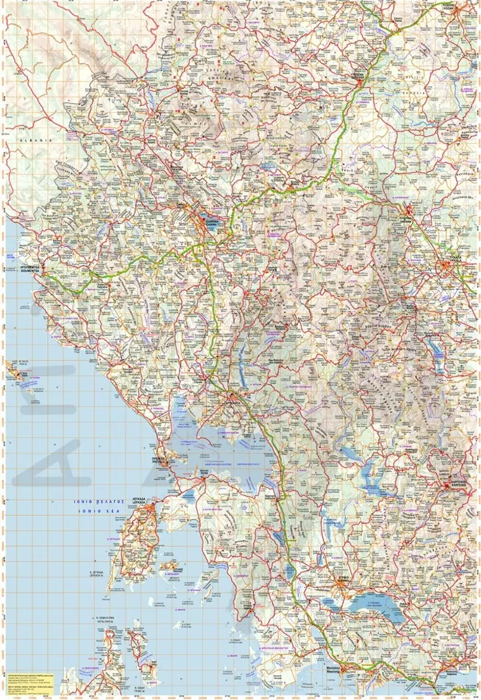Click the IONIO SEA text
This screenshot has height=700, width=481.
(x=94, y=510)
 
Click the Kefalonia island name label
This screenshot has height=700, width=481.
(x=105, y=617)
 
